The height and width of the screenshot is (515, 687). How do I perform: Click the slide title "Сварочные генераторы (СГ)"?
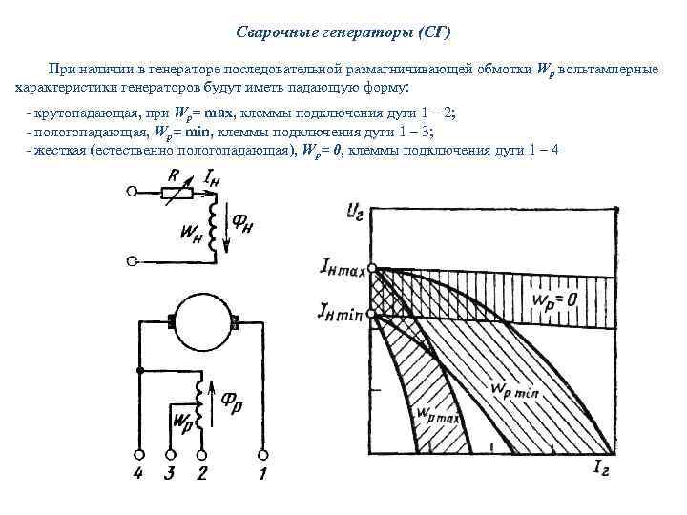[343, 32]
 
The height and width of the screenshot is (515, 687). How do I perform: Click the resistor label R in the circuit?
[172, 175]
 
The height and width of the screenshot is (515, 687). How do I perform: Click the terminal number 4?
[140, 473]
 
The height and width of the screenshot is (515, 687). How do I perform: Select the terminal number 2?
[201, 473]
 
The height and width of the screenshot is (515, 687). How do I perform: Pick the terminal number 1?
[262, 473]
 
